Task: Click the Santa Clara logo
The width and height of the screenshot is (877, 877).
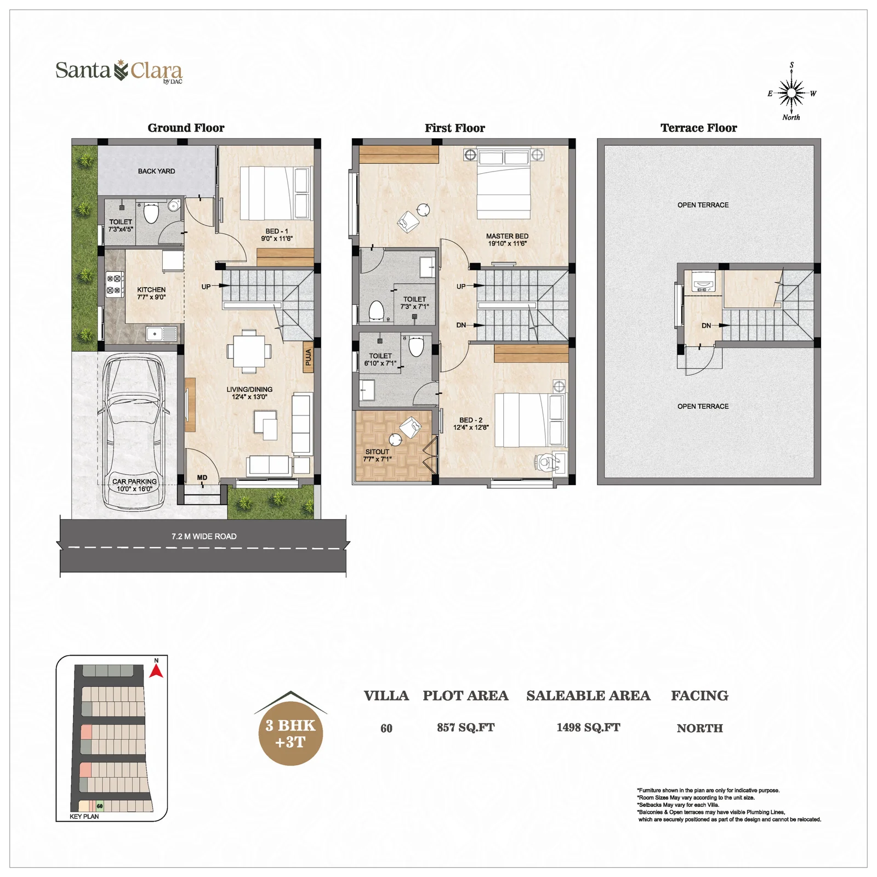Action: pos(119,72)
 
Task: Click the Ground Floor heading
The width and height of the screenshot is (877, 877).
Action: pos(186,128)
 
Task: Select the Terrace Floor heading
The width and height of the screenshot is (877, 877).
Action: pos(698,128)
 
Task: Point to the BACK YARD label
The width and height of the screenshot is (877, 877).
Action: pos(156,171)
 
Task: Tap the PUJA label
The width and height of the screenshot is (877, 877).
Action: pos(308,357)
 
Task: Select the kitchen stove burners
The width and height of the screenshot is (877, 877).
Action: pos(114,284)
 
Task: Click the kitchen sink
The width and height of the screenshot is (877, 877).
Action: pos(161,333)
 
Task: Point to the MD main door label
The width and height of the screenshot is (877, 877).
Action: pos(202,478)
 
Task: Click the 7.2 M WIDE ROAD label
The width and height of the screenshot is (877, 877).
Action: pos(204,537)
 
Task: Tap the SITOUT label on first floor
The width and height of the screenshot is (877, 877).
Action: pos(377,452)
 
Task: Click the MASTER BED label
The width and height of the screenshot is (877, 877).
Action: pos(507,236)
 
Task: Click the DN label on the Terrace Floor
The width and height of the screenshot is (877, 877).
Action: pos(706,326)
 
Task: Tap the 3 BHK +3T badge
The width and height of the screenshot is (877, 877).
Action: pos(291,733)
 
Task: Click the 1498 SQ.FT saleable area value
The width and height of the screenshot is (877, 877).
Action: pos(588,727)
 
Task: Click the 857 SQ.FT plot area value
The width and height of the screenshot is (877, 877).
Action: pos(465,727)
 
